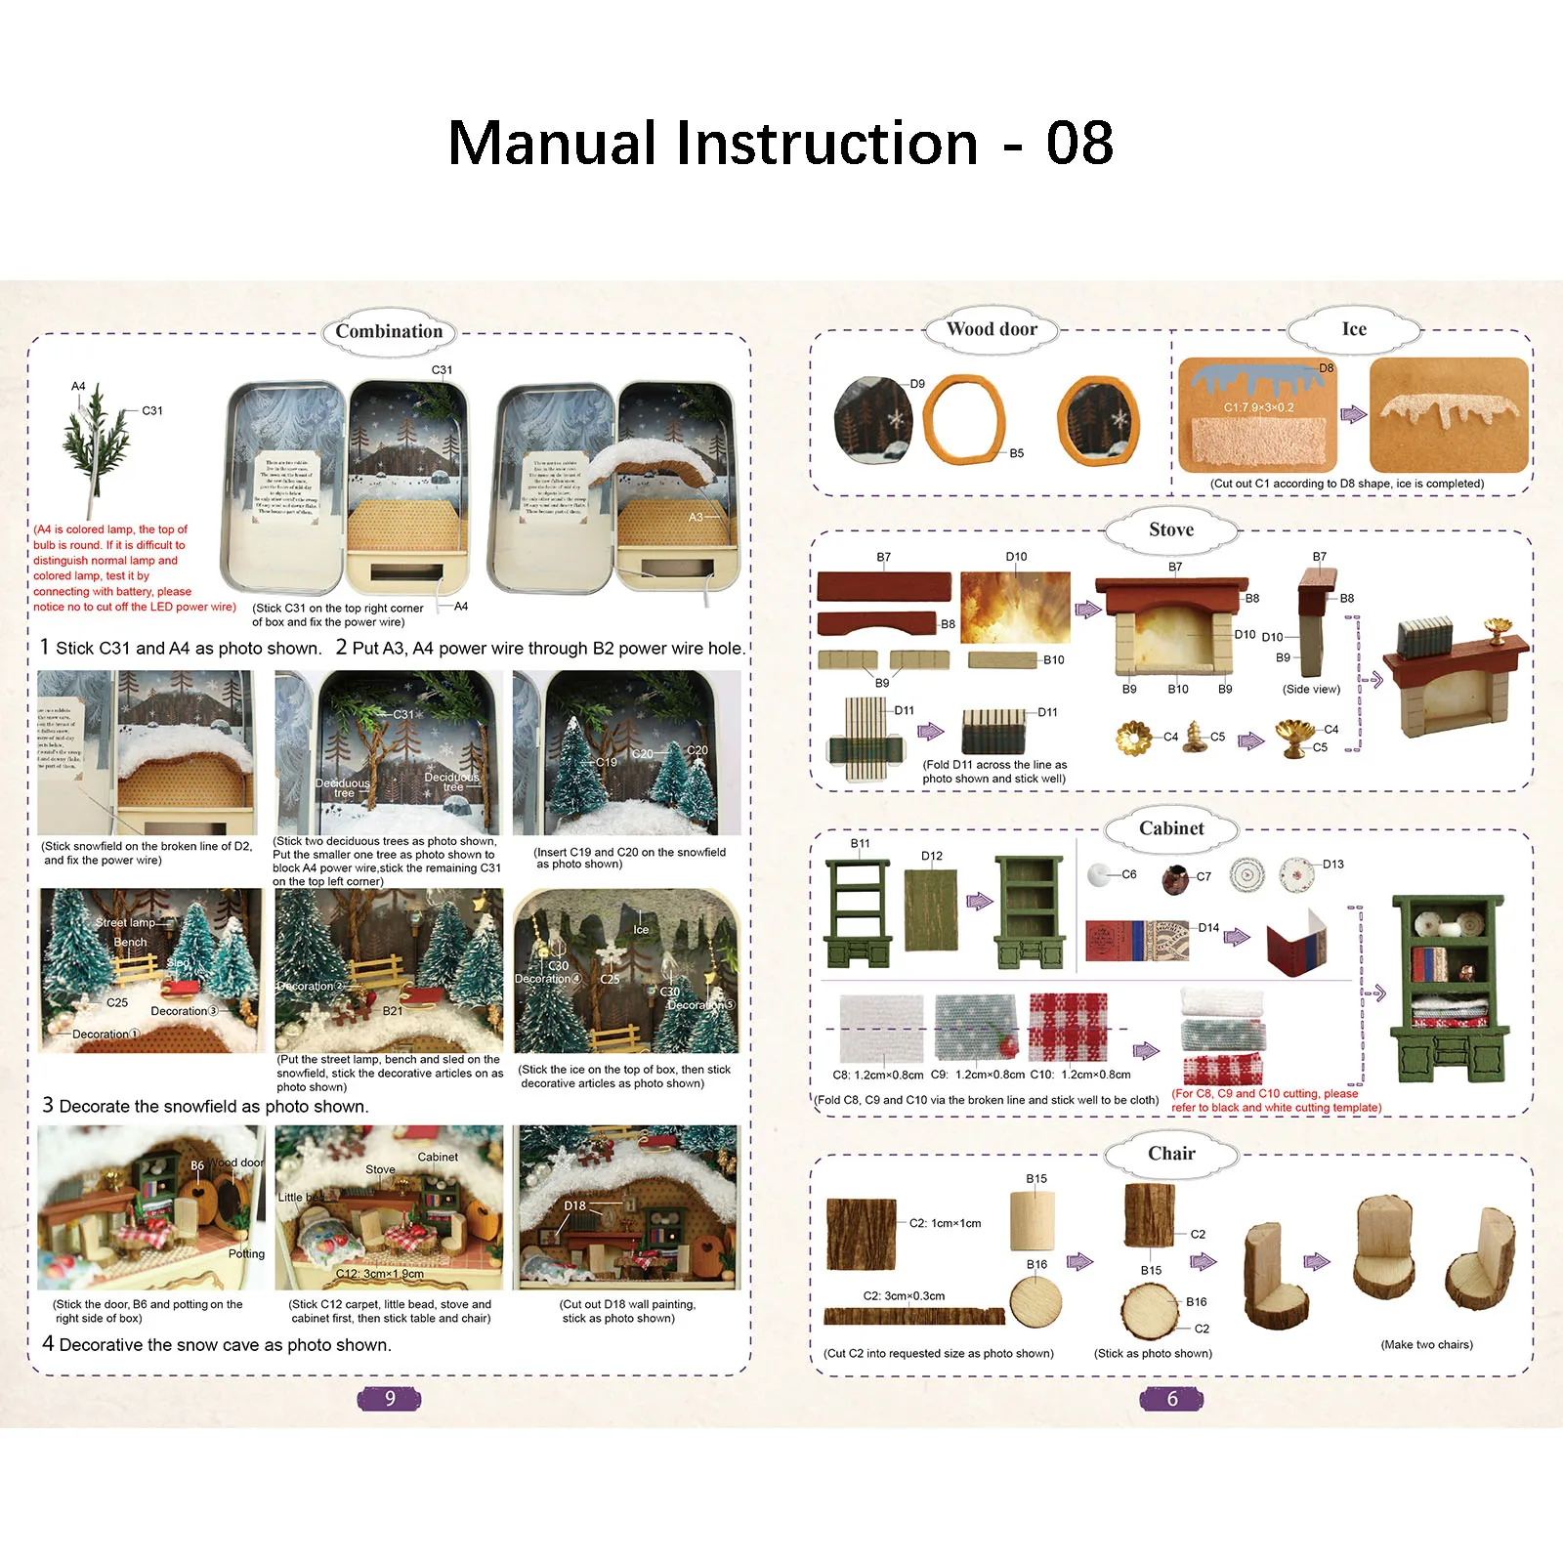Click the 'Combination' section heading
click(x=389, y=331)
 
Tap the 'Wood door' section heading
click(x=992, y=329)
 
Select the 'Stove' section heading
click(x=1171, y=529)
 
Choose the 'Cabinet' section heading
click(x=1171, y=828)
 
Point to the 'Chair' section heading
click(x=1171, y=1154)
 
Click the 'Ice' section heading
click(x=1354, y=329)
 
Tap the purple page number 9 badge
click(x=389, y=1398)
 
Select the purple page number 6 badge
click(x=1171, y=1398)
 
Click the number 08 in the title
click(x=1079, y=144)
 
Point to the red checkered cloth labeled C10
click(x=1068, y=1027)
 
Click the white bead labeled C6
click(x=1099, y=873)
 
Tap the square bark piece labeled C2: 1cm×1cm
click(x=861, y=1234)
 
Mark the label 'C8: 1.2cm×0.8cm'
click(x=877, y=1075)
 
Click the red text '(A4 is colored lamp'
click(x=110, y=529)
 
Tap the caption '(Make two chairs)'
click(x=1426, y=1344)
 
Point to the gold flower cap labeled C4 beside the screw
click(x=1134, y=739)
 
